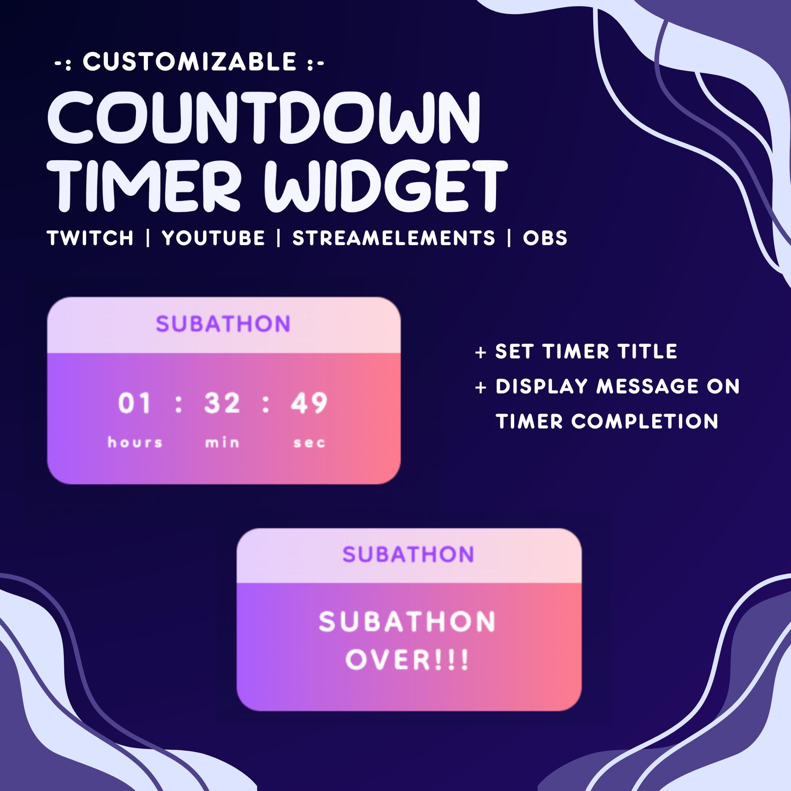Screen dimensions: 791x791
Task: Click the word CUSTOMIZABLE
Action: [x=190, y=62]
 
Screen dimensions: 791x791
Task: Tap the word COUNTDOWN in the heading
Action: [x=264, y=118]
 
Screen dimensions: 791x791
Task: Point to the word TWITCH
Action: [x=90, y=238]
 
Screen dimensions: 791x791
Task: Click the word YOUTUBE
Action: [x=213, y=238]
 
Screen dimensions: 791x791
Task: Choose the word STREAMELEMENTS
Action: [x=394, y=238]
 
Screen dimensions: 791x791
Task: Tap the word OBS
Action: [x=545, y=238]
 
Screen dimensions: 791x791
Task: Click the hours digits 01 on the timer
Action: [x=134, y=403]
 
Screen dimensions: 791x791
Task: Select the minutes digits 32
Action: [x=222, y=403]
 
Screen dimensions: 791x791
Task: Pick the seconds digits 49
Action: [x=309, y=403]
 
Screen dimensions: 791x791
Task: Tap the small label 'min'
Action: [x=222, y=442]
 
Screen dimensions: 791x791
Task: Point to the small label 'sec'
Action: [x=309, y=443]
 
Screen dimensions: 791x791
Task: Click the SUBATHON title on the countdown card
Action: [x=223, y=324]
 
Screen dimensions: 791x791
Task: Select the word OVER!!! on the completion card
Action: [x=407, y=660]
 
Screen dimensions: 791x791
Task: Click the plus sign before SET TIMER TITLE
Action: [x=480, y=353]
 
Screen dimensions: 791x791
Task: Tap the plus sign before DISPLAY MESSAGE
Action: [x=480, y=388]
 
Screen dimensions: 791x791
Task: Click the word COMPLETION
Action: [x=645, y=421]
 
